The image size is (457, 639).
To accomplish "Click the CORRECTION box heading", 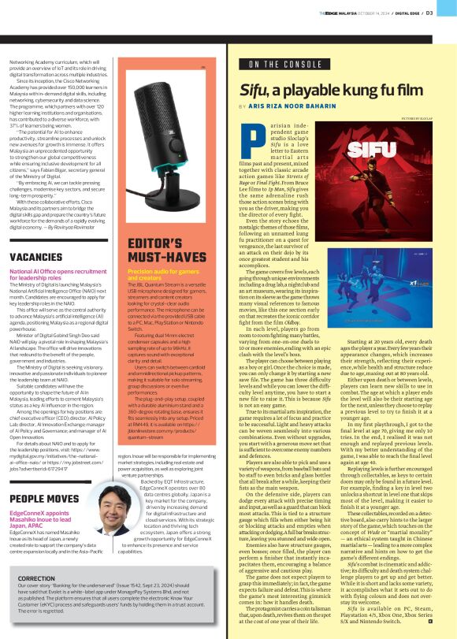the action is pos(36,579).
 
